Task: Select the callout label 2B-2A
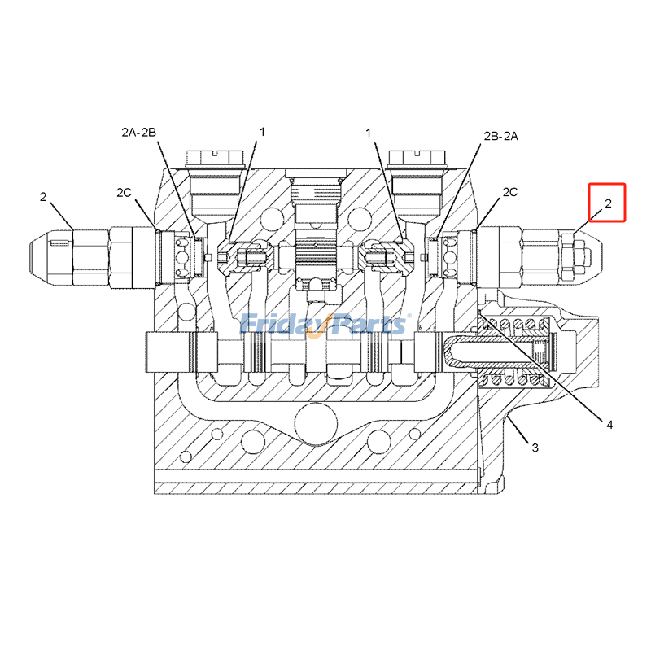click(501, 136)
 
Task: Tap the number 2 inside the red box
click(608, 203)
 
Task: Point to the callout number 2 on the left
click(43, 196)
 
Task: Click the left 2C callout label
click(124, 193)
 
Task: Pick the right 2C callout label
click(510, 192)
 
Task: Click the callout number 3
click(535, 448)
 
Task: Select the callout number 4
click(608, 423)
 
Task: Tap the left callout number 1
click(262, 132)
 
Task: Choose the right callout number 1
click(369, 132)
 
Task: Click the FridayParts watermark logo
click(325, 324)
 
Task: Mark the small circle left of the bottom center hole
click(254, 441)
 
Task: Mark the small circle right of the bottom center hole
click(378, 441)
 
